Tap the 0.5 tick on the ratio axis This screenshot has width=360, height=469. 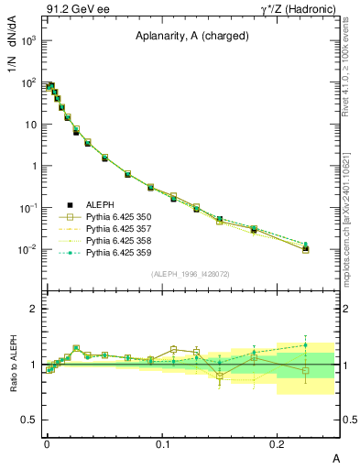click(32, 420)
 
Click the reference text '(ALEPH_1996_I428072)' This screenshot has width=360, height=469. click(192, 274)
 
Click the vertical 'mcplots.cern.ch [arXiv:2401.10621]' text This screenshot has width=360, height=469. click(352, 211)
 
